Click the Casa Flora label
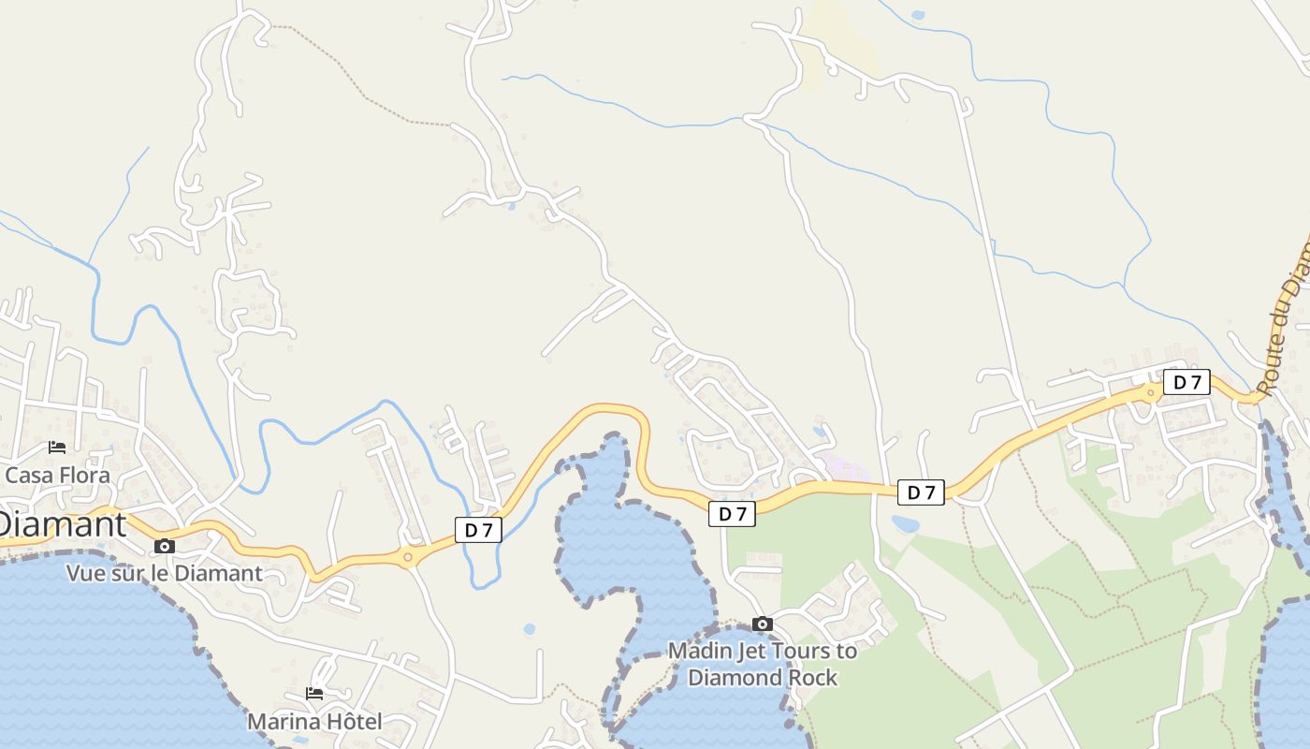pyautogui.click(x=57, y=475)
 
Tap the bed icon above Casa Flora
pyautogui.click(x=57, y=448)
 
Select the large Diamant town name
pyautogui.click(x=62, y=524)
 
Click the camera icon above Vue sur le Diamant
pyautogui.click(x=165, y=546)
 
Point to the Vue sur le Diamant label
pyautogui.click(x=164, y=573)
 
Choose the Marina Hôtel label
pyautogui.click(x=314, y=722)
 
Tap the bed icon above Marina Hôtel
pyautogui.click(x=314, y=694)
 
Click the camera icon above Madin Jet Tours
pyautogui.click(x=763, y=624)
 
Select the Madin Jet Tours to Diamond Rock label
pyautogui.click(x=763, y=664)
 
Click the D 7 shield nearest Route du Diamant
pyautogui.click(x=1186, y=382)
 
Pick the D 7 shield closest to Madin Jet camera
pyautogui.click(x=732, y=513)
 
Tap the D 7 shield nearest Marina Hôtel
pyautogui.click(x=478, y=530)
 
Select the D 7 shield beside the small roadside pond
pyautogui.click(x=921, y=492)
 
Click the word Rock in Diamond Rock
pyautogui.click(x=812, y=677)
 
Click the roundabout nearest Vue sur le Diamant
pyautogui.click(x=408, y=558)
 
